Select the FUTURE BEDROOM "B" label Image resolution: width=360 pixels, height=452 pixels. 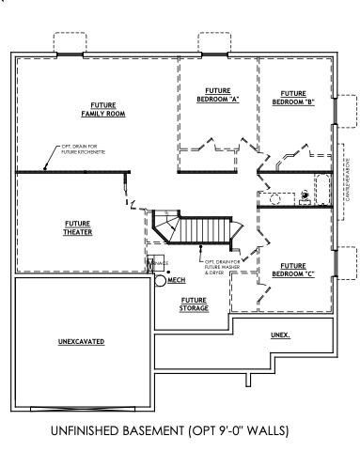292,98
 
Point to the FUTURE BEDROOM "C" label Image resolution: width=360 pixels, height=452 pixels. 292,270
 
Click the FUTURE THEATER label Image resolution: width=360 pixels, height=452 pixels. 76,227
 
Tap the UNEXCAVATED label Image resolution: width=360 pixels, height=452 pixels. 79,339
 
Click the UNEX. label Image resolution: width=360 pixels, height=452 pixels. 280,335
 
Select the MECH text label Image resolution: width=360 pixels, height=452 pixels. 177,279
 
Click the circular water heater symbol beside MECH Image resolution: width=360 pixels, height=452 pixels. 161,280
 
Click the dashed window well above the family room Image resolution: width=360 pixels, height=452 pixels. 70,44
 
